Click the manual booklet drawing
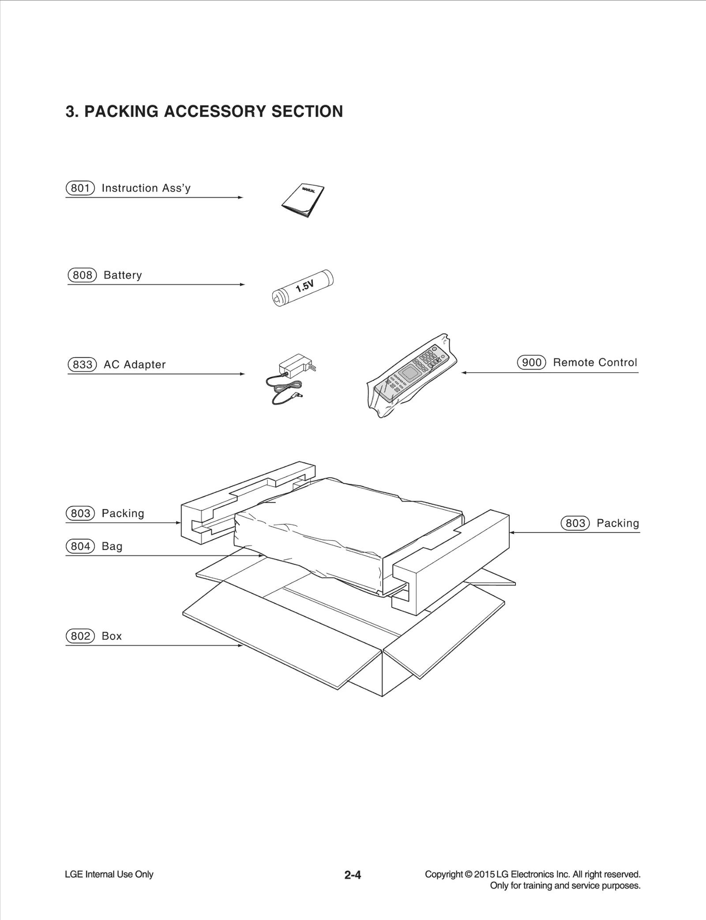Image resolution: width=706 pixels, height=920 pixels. (303, 200)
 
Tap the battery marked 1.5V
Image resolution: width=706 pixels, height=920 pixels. (303, 288)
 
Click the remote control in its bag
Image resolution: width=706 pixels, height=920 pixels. (411, 375)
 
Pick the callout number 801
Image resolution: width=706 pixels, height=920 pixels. (80, 188)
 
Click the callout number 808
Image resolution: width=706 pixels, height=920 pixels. (82, 275)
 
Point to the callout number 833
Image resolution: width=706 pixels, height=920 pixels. (82, 365)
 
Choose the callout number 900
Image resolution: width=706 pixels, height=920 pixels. (531, 362)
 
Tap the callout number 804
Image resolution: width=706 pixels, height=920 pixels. (80, 546)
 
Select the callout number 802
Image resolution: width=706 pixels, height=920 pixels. (80, 636)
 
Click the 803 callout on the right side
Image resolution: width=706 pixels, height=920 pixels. (575, 523)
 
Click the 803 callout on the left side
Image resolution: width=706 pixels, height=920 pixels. (80, 513)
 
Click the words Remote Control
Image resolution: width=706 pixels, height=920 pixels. (595, 362)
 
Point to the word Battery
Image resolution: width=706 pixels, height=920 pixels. (123, 275)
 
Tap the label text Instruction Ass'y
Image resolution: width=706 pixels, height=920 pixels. (146, 188)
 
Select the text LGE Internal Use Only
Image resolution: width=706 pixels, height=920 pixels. (109, 874)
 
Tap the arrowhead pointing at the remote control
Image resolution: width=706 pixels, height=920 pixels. (464, 373)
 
